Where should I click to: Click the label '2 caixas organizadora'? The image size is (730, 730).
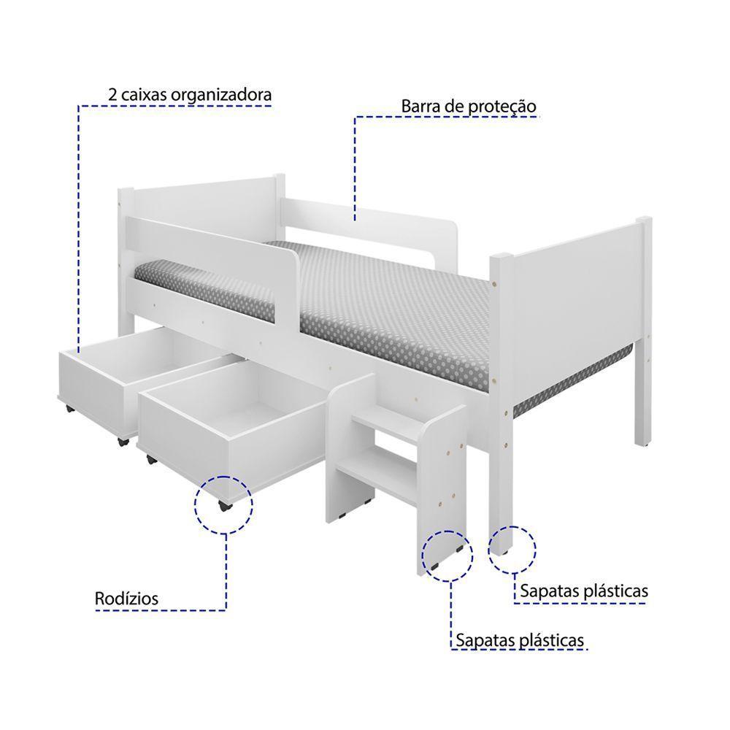189,95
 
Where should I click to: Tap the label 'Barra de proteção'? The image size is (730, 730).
469,107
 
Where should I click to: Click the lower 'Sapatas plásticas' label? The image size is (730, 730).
520,640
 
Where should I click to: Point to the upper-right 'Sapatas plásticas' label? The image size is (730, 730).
583,591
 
